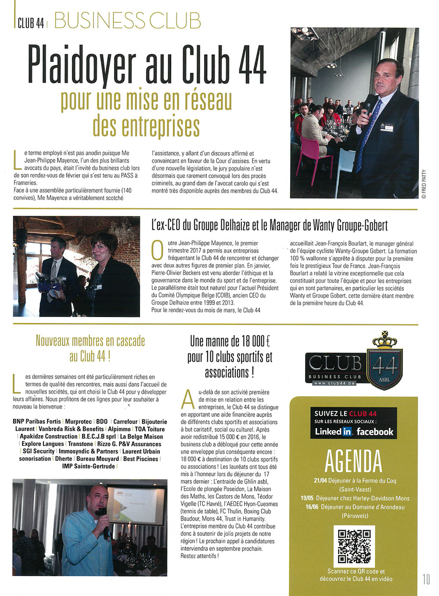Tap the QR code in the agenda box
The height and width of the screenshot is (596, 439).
point(354,546)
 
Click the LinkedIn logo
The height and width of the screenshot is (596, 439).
point(333,432)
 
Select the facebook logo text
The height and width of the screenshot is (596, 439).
point(375,432)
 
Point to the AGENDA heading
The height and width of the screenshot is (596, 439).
point(353,461)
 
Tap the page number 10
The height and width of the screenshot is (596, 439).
point(426,579)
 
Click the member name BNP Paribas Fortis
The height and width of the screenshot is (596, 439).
point(37,421)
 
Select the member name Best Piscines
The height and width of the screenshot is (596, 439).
point(140,459)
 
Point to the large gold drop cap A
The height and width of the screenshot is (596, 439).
point(188,399)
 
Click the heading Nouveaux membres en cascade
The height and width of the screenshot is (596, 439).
point(90,341)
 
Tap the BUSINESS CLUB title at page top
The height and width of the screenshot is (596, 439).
point(127,21)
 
